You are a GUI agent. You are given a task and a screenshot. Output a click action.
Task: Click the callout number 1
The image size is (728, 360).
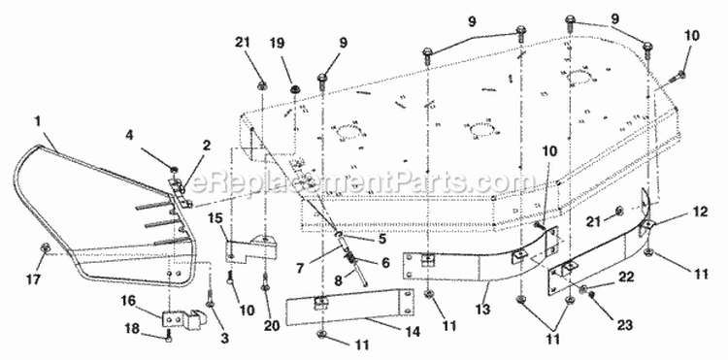coord(38,121)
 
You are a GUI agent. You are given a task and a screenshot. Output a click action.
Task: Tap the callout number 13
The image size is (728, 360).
coord(482,310)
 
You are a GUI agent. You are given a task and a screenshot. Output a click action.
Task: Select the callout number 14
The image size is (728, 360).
coord(413,332)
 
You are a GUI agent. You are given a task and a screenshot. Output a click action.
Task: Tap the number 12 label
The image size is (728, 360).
coord(700,212)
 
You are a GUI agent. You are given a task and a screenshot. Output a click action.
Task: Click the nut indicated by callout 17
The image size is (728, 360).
coord(46,248)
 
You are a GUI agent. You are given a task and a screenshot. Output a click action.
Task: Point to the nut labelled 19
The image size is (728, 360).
coord(294,88)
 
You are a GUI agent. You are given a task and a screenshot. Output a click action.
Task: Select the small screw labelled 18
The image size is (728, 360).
coord(169,336)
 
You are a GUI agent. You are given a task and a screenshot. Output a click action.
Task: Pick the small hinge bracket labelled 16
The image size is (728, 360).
coord(182,320)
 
